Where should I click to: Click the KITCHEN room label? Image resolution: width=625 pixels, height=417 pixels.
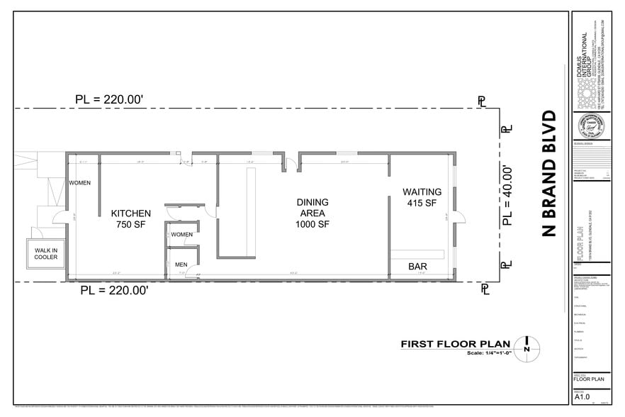131,213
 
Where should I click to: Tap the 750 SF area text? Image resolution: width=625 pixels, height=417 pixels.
131,225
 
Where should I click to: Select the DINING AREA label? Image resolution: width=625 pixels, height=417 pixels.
312,208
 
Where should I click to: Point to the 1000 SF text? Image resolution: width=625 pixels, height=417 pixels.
312,225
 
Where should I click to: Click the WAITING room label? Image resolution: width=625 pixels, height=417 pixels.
422,191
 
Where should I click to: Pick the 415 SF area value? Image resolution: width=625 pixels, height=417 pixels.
422,203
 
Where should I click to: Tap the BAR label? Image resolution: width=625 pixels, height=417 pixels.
417,267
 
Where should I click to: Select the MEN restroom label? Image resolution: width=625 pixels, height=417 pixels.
181,265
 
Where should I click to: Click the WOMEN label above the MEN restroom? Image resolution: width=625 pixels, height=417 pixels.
181,235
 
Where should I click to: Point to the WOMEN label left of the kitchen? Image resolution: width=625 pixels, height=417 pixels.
79,184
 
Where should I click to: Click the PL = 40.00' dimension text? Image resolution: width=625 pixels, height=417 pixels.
507,195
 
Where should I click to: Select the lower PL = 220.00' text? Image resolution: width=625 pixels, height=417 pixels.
114,290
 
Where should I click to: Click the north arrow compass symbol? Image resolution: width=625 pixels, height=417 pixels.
527,346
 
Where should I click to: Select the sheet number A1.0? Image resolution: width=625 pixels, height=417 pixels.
581,399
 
